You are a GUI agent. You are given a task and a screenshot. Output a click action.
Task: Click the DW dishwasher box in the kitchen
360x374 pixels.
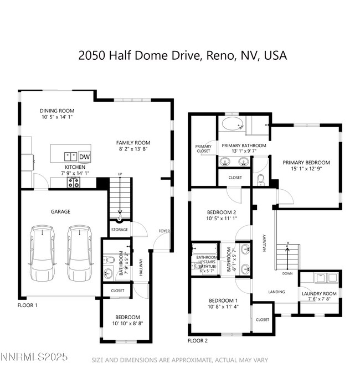[x=85, y=156]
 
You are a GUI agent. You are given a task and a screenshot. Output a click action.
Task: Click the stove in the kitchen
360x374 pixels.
[x=74, y=182]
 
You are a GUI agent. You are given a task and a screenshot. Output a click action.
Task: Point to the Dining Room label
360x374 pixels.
[x=57, y=111]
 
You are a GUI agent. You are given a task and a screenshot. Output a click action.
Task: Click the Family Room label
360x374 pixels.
[x=133, y=143]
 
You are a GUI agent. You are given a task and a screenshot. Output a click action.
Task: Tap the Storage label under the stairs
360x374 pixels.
[x=119, y=230]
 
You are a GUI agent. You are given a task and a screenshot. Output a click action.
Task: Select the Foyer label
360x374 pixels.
[x=164, y=231]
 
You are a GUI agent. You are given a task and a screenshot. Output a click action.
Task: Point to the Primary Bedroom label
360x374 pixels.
[x=306, y=163]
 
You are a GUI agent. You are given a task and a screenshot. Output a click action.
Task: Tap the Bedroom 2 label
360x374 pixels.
[x=222, y=212]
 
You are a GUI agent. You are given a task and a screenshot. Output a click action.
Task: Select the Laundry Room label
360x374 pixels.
[x=319, y=294]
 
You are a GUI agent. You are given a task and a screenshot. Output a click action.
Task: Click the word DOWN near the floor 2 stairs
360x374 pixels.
[x=287, y=273]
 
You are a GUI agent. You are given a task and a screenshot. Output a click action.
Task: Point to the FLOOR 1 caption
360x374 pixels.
[x=27, y=305]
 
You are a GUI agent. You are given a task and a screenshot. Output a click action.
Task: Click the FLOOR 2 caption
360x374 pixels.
[x=198, y=341]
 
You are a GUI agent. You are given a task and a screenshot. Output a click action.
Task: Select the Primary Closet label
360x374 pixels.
[x=203, y=148]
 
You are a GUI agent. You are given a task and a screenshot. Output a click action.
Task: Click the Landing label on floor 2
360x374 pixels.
[x=276, y=292]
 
